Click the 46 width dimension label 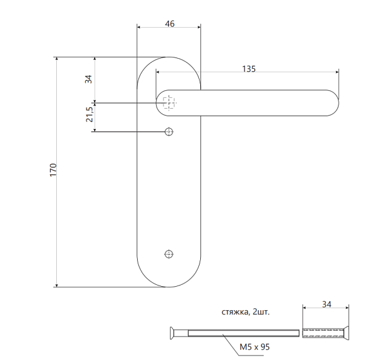click(x=169, y=23)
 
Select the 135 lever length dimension click(x=248, y=69)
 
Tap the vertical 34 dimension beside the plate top click(x=89, y=79)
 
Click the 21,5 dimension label click(x=89, y=114)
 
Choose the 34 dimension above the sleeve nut click(x=326, y=304)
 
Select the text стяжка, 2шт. click(x=245, y=313)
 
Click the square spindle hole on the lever click(x=169, y=102)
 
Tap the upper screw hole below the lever click(x=169, y=131)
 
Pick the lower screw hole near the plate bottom click(x=169, y=254)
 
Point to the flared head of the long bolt click(x=172, y=333)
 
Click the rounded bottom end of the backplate click(x=169, y=278)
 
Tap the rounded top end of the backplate click(x=169, y=63)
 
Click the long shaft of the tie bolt click(x=240, y=333)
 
